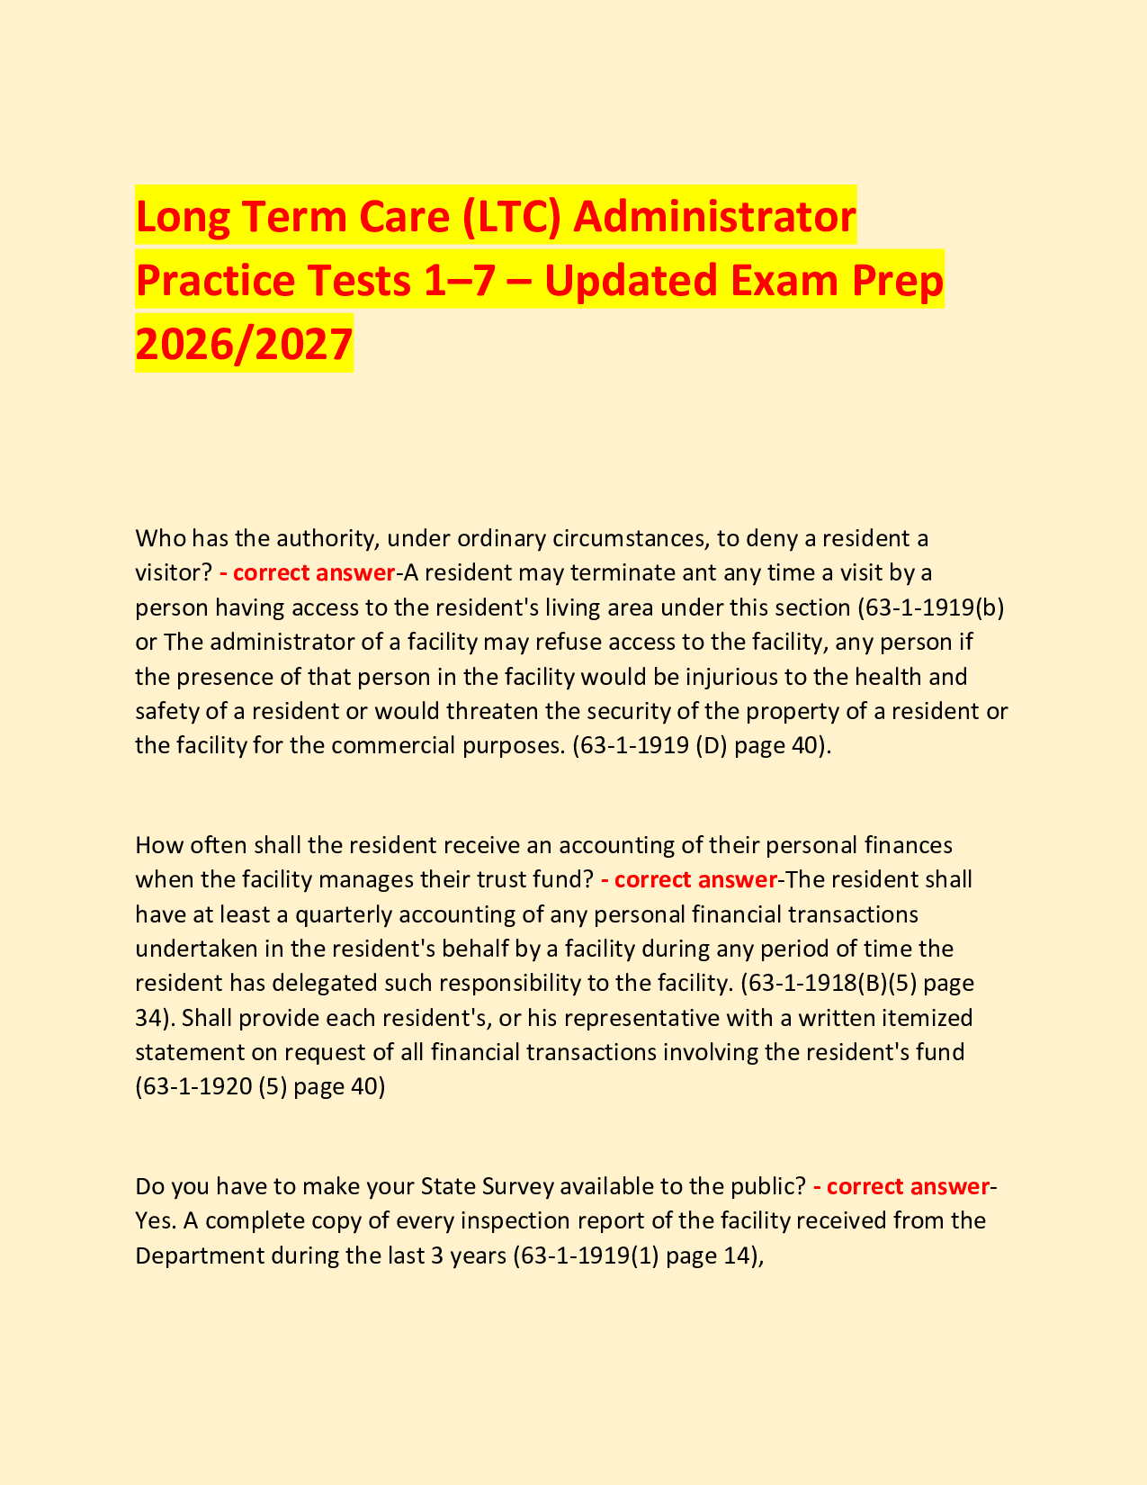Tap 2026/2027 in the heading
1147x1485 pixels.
(x=244, y=345)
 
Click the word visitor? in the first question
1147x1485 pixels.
(x=174, y=572)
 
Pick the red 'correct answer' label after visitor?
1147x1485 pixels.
(x=307, y=572)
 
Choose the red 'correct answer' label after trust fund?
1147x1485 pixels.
(x=689, y=878)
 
